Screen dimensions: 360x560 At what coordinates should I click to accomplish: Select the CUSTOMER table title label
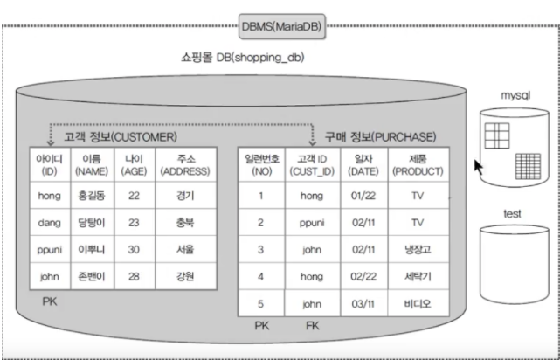[x=120, y=137]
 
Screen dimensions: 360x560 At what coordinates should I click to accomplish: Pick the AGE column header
[x=134, y=164]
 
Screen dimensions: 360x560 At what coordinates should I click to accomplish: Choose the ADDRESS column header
[x=183, y=164]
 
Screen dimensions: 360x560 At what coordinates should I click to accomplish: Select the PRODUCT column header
[x=417, y=164]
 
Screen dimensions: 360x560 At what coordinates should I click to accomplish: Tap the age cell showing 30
[x=134, y=249]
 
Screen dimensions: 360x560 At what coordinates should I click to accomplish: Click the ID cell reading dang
[x=50, y=222]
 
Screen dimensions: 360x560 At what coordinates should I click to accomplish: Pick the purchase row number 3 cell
[x=259, y=249]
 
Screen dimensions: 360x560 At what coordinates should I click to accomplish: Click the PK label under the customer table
[x=50, y=300]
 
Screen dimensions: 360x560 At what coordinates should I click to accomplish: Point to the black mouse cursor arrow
[x=479, y=165]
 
